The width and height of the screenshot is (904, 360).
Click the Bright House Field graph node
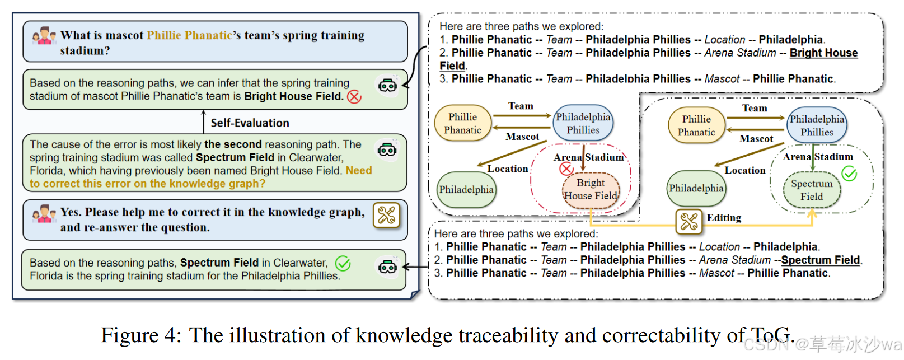point(591,189)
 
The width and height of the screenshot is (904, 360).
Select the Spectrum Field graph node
point(812,190)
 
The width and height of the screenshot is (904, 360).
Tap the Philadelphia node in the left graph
point(466,190)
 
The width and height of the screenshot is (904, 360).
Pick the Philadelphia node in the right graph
point(696,189)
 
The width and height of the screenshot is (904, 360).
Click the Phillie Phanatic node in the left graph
point(463,123)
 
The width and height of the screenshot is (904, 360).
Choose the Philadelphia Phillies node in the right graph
point(817,125)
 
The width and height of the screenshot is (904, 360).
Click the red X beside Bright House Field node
point(566,169)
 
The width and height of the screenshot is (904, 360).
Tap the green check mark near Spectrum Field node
point(849,174)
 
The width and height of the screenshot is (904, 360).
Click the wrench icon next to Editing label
point(689,221)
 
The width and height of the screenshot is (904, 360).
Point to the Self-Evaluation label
point(250,123)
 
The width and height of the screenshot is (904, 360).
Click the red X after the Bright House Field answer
point(354,97)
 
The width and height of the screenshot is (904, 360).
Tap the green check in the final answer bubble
point(343,263)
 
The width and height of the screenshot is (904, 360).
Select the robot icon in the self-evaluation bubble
point(387,149)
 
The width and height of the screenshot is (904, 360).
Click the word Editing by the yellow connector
point(724,218)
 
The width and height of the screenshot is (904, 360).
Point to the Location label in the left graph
point(507,169)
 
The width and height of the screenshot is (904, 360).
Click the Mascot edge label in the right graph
point(756,139)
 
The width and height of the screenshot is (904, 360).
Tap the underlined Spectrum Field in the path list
point(820,260)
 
